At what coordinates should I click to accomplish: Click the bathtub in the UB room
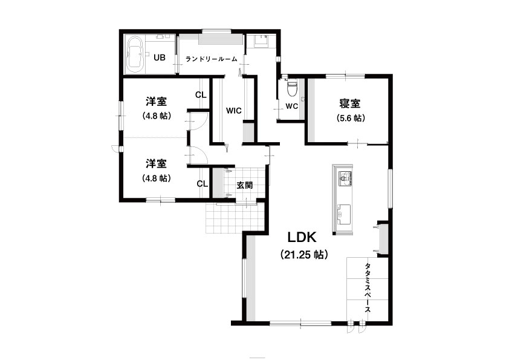[135, 54]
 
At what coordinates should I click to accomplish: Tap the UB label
[160, 58]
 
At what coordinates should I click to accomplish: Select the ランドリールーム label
[212, 59]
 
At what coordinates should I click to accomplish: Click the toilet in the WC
[292, 88]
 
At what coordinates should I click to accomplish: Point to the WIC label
[234, 111]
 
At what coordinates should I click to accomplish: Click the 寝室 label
[350, 103]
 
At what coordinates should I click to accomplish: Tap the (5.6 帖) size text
[351, 118]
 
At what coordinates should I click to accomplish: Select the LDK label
[302, 238]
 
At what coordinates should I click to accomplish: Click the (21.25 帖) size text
[304, 254]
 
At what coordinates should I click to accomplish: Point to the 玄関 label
[245, 186]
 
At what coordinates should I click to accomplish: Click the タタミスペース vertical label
[368, 287]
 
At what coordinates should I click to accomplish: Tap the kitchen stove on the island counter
[345, 178]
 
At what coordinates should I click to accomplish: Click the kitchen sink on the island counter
[344, 214]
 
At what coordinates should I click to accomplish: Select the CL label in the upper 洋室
[201, 95]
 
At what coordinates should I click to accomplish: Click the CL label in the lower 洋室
[203, 184]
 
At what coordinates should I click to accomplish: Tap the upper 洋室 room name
[156, 102]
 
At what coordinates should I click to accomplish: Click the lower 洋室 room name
[156, 163]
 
